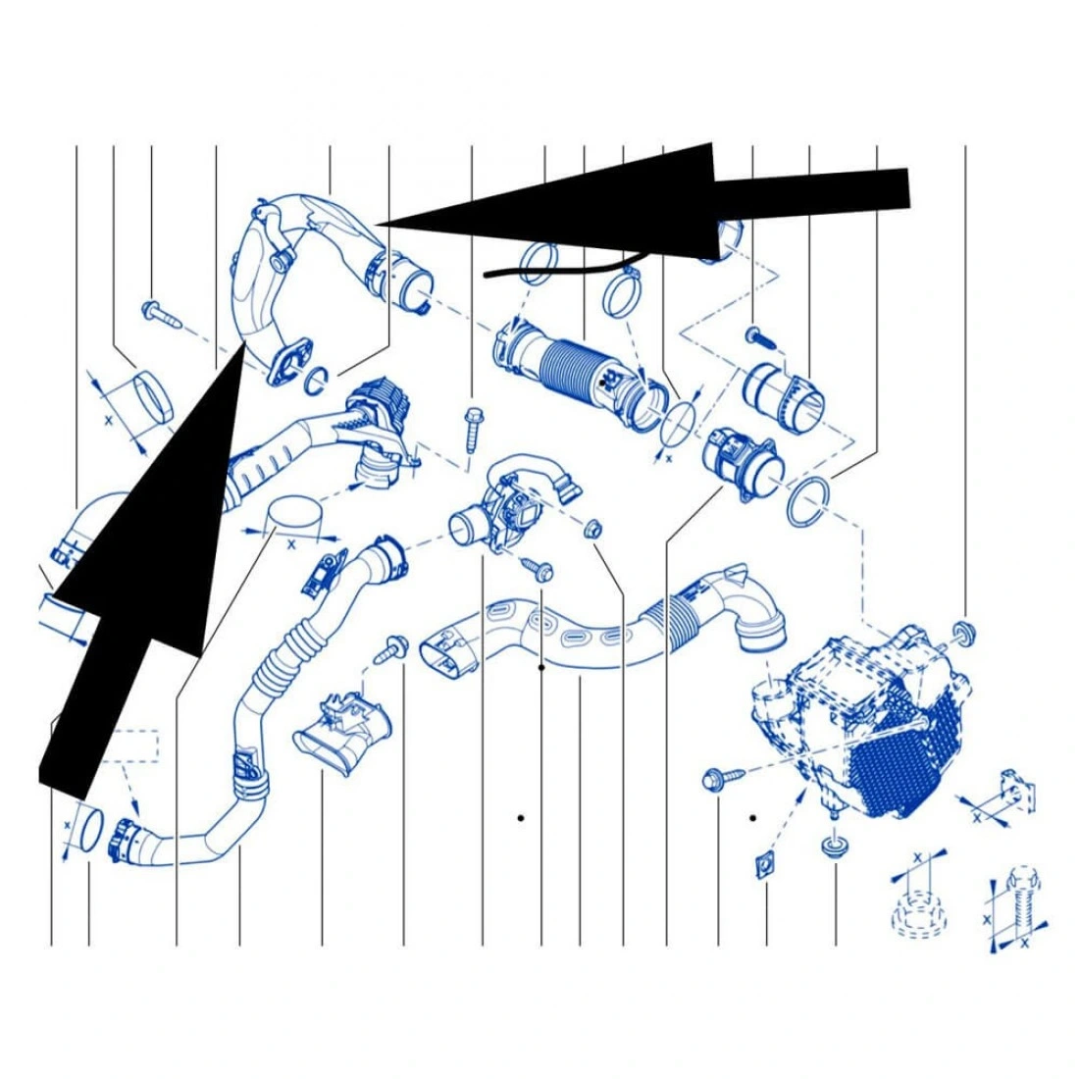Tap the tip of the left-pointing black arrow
pyautogui.click(x=376, y=225)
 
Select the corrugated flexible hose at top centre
pyautogui.click(x=582, y=375)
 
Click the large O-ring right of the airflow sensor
pyautogui.click(x=807, y=501)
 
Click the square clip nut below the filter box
pyautogui.click(x=764, y=866)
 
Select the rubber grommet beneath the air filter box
pyautogui.click(x=834, y=847)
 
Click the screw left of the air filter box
pyautogui.click(x=723, y=778)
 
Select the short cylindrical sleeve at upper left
pyautogui.click(x=153, y=397)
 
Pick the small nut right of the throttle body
pyautogui.click(x=591, y=529)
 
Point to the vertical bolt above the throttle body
pyautogui.click(x=474, y=430)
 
